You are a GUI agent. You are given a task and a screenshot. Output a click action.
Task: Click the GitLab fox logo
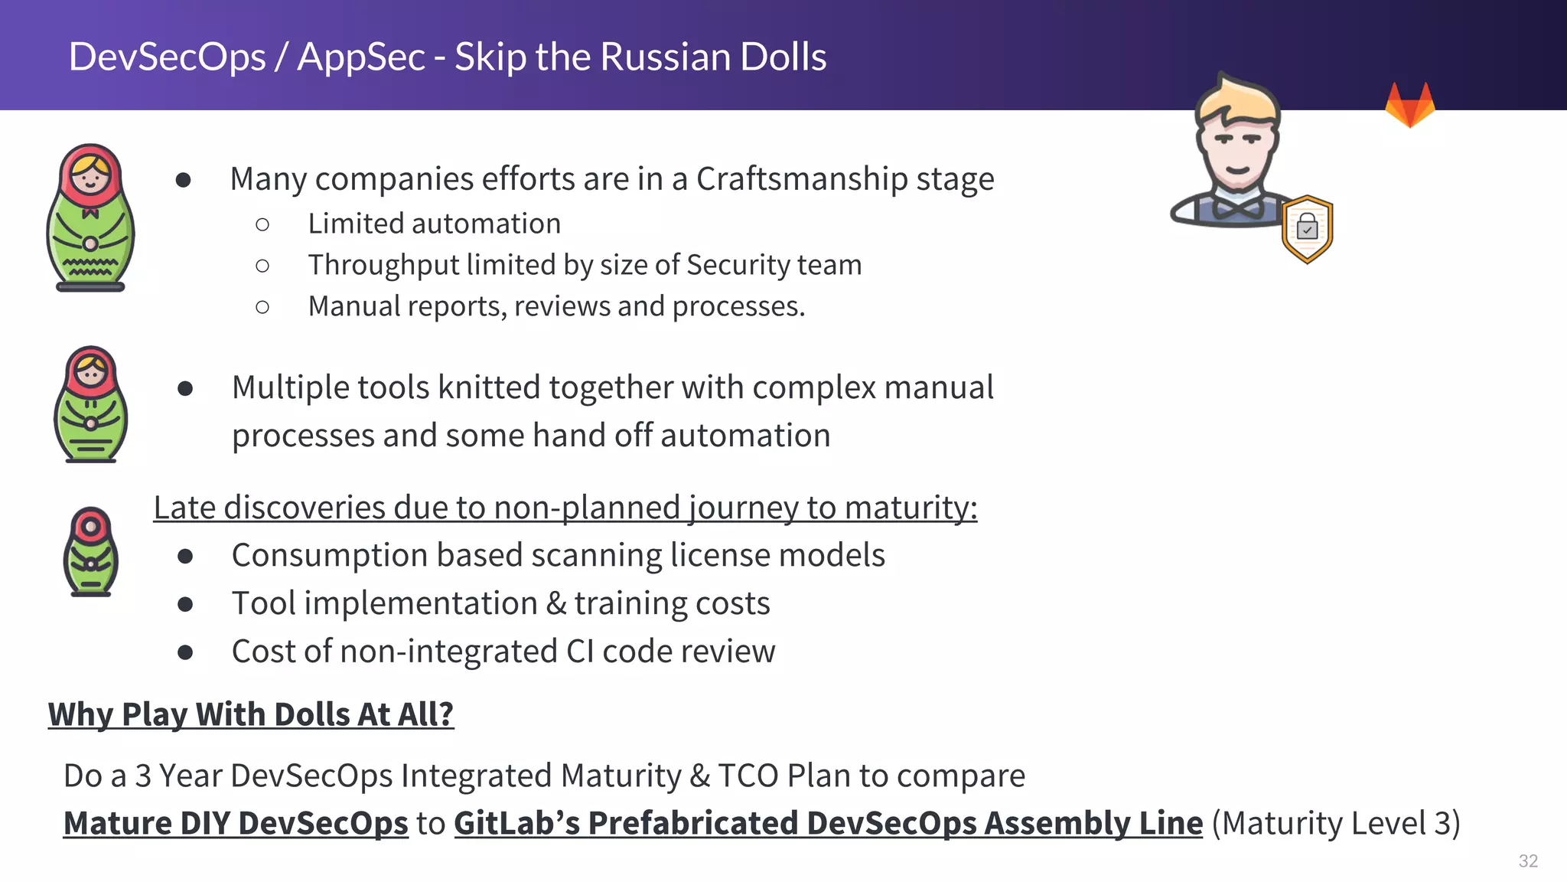[1409, 106]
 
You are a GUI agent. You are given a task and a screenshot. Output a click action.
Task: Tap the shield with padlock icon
[1307, 229]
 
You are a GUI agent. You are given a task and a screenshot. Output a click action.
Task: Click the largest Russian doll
[90, 217]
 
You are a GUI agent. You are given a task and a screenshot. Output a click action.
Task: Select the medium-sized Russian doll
[90, 404]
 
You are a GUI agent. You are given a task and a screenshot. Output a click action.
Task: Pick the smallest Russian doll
[90, 551]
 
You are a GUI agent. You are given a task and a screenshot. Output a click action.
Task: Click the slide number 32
[1528, 861]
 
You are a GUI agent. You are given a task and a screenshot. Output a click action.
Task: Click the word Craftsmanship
[801, 179]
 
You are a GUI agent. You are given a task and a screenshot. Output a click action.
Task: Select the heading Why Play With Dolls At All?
[251, 714]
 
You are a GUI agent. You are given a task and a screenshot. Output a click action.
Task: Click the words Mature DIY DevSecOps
[236, 823]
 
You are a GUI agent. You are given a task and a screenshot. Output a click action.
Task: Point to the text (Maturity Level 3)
[1336, 823]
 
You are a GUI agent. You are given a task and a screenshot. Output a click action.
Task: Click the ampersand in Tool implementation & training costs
[556, 604]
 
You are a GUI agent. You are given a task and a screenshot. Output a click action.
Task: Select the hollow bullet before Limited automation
[262, 224]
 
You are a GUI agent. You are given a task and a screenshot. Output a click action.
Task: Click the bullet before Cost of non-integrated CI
[184, 652]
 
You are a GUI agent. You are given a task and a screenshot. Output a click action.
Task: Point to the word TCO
[748, 776]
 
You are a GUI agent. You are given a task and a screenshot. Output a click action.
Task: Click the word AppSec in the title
[360, 57]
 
